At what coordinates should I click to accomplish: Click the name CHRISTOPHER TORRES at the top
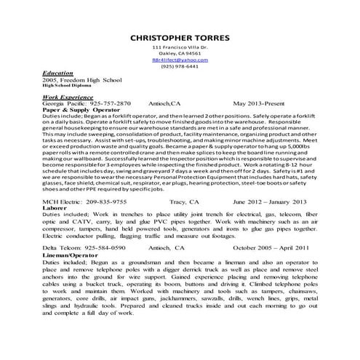point(179,38)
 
